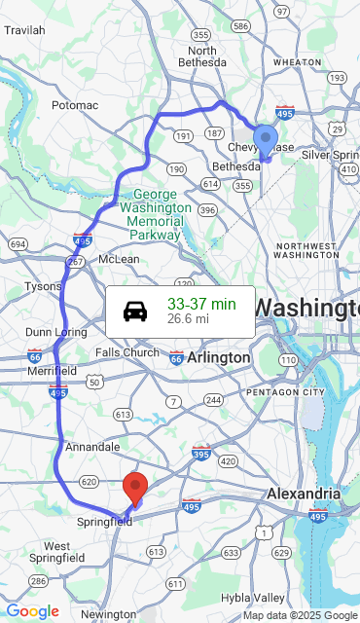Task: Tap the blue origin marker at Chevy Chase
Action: tap(266, 140)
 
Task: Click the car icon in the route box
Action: tap(135, 311)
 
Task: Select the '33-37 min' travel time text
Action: tap(201, 305)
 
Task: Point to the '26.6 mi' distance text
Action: tap(188, 318)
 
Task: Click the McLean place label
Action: tap(119, 259)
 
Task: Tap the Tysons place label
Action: tap(42, 286)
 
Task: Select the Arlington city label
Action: tap(219, 358)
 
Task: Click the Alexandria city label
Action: tap(304, 494)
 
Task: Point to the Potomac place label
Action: tap(75, 104)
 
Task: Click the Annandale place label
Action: tap(92, 447)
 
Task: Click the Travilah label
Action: tap(24, 30)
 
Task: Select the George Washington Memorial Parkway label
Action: tap(155, 214)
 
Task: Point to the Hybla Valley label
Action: tap(252, 597)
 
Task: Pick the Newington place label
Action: tap(108, 614)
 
